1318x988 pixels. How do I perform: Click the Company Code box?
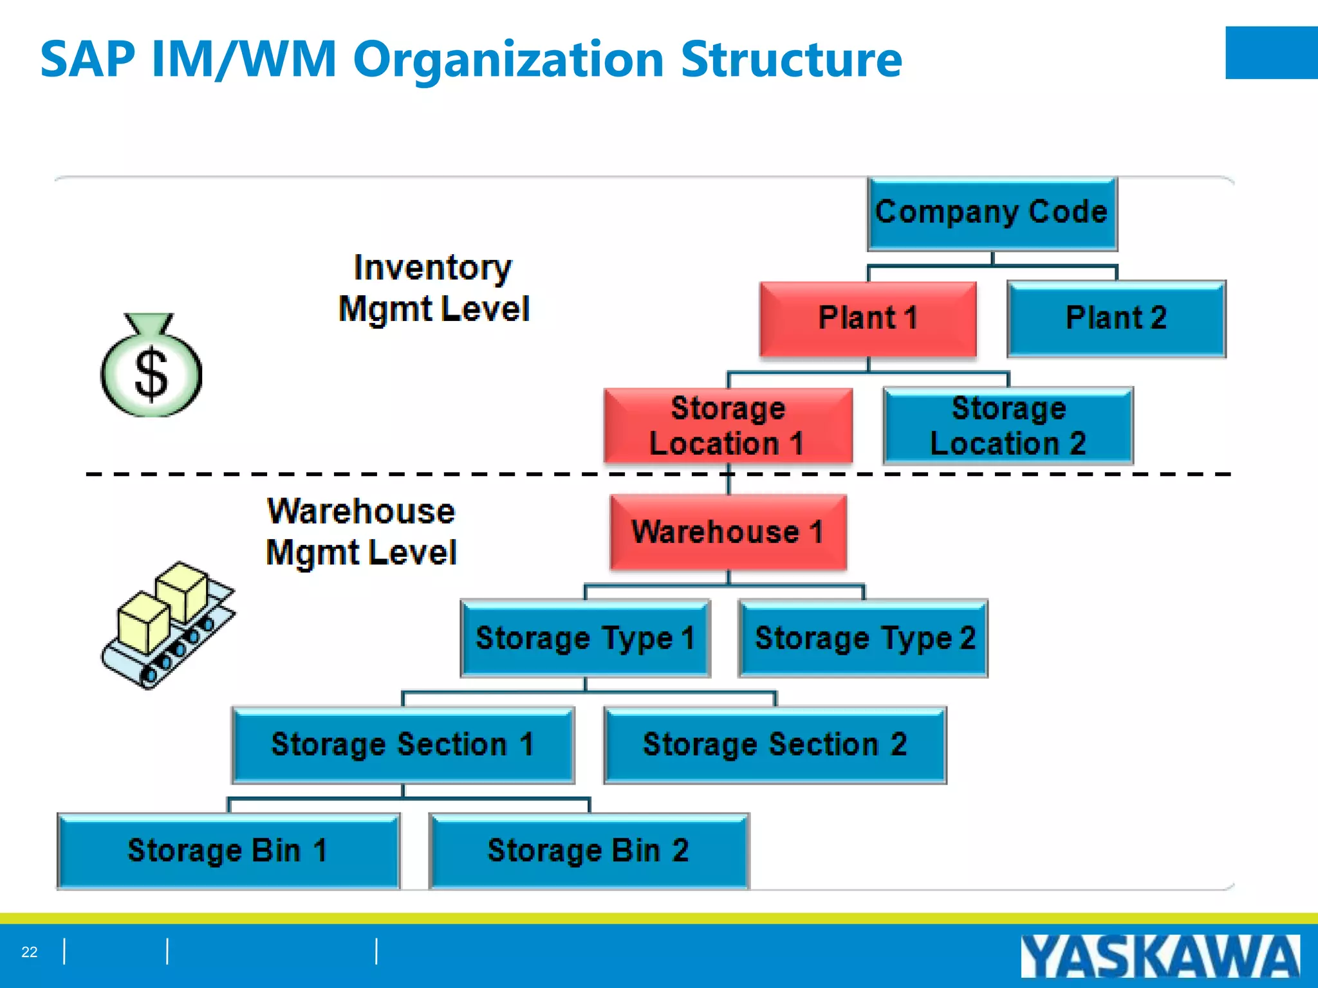tap(992, 214)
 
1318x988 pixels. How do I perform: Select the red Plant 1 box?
tap(868, 318)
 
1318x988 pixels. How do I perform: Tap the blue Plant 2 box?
tap(1116, 318)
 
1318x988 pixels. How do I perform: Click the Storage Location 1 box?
tap(728, 425)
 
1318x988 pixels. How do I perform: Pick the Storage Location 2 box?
tap(1008, 425)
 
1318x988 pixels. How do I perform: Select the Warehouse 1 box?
tap(728, 532)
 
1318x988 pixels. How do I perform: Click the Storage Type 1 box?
tap(585, 638)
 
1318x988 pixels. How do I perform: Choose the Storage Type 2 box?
tap(863, 638)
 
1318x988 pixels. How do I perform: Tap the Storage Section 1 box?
tap(403, 745)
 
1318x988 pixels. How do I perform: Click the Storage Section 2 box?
tap(775, 745)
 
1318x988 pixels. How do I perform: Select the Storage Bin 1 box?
tap(228, 851)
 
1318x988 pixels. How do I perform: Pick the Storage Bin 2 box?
tap(589, 851)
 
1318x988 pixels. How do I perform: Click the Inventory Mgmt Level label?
tap(433, 288)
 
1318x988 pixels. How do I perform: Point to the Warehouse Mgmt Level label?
tap(361, 532)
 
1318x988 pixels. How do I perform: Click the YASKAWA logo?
tap(1160, 956)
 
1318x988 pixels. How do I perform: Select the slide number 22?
tap(30, 952)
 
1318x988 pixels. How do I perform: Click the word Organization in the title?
tap(508, 59)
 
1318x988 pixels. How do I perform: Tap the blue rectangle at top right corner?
tap(1271, 53)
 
